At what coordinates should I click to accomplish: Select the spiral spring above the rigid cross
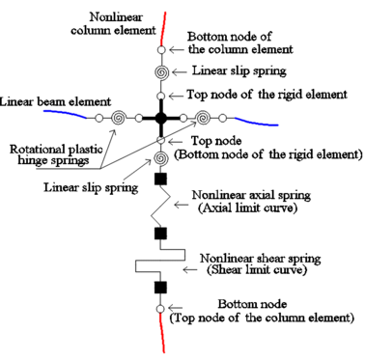point(161,72)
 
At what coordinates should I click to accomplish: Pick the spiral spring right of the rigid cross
point(205,118)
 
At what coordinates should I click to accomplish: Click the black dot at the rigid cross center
point(161,118)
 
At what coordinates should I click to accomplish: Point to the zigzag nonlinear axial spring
point(161,207)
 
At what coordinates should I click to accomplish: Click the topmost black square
point(161,180)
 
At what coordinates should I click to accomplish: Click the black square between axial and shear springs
point(161,233)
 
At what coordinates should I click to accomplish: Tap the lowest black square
point(161,288)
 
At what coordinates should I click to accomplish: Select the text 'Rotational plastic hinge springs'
point(49,154)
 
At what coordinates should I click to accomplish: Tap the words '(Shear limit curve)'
point(249,270)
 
